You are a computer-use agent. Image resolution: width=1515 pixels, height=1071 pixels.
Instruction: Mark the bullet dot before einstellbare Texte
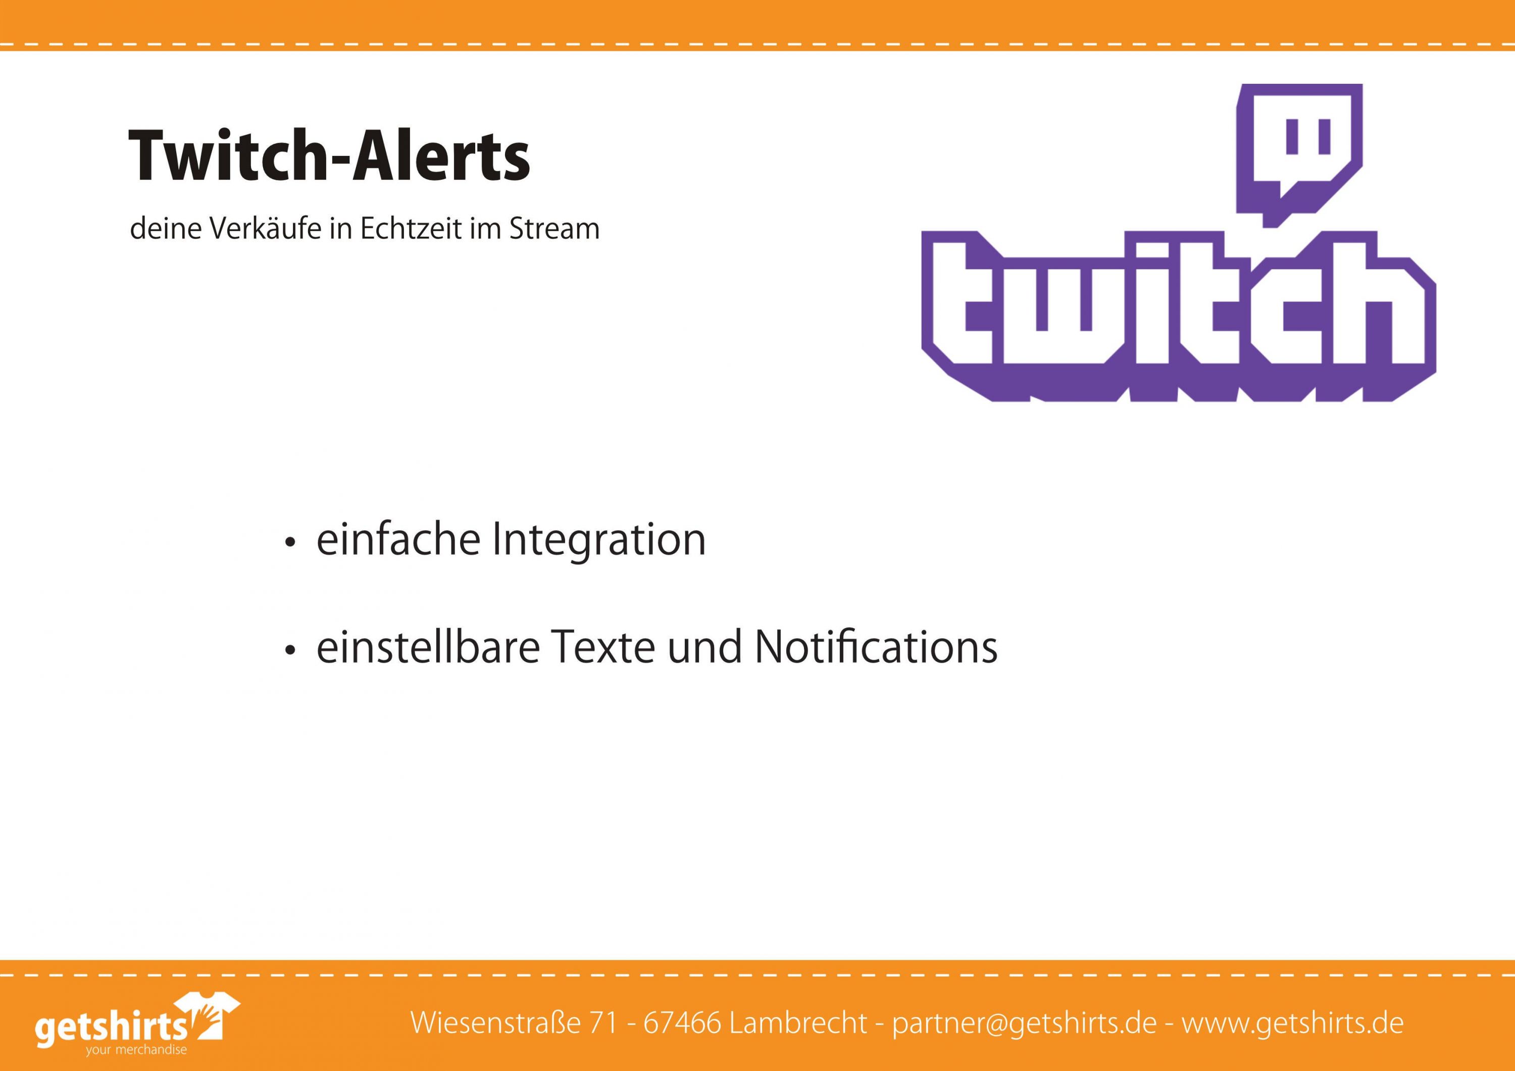click(x=289, y=652)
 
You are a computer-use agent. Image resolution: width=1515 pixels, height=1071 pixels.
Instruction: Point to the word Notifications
click(x=876, y=647)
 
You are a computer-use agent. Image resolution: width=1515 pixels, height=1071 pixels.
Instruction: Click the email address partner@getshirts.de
click(x=1024, y=1024)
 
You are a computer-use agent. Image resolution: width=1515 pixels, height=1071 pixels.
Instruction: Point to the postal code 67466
click(x=682, y=1023)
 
